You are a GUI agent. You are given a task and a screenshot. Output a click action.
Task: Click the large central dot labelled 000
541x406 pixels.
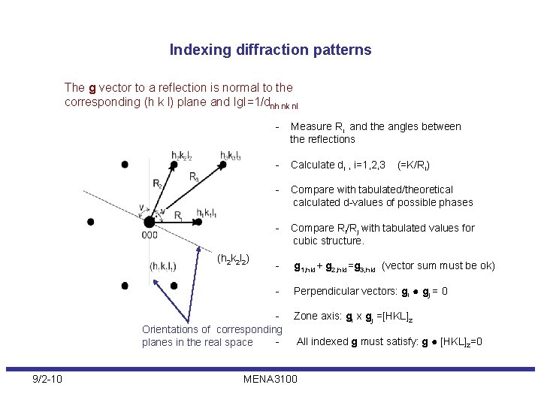pos(150,222)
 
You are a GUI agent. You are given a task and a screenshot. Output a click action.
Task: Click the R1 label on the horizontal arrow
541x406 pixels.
pos(178,216)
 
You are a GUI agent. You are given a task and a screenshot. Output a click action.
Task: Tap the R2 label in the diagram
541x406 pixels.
pos(156,183)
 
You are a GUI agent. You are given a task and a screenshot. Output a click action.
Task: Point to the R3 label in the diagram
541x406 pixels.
pos(194,178)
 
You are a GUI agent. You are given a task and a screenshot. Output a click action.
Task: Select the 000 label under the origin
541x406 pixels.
pos(150,234)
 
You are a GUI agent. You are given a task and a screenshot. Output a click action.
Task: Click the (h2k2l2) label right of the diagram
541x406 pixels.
pos(233,260)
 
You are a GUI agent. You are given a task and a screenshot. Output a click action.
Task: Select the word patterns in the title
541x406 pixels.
pos(342,50)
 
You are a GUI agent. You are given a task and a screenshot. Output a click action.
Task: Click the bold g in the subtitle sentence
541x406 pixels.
pos(92,88)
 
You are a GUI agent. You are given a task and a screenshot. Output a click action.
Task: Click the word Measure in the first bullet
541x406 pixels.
pos(310,126)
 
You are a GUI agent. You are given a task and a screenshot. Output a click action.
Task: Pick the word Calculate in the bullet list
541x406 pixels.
pos(313,165)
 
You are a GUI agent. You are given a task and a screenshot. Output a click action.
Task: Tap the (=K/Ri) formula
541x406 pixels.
pos(413,165)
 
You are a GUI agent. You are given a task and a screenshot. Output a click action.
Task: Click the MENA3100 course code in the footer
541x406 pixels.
pos(270,378)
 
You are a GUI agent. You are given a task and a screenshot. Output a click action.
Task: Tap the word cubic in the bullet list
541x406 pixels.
pos(306,241)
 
